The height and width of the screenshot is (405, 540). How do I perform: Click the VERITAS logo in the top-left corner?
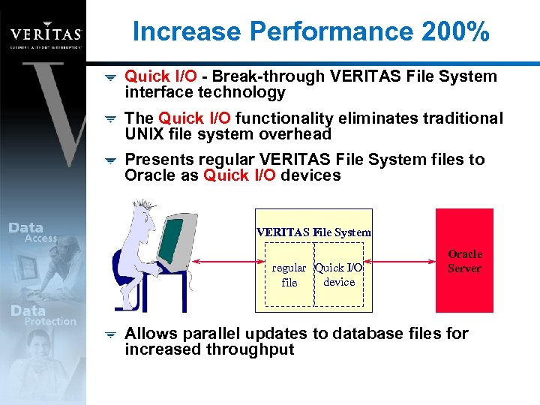(45, 33)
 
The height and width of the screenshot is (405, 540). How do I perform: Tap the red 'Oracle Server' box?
(464, 260)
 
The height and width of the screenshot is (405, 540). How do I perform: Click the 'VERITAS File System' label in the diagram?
(313, 232)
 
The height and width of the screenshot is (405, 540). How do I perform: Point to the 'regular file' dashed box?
(289, 275)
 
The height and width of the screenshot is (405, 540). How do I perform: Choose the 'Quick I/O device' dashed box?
(339, 275)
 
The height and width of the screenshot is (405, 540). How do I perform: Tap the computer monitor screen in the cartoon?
(170, 239)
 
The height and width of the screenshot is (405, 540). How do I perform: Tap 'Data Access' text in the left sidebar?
(34, 232)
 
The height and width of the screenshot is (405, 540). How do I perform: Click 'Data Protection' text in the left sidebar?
(41, 315)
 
